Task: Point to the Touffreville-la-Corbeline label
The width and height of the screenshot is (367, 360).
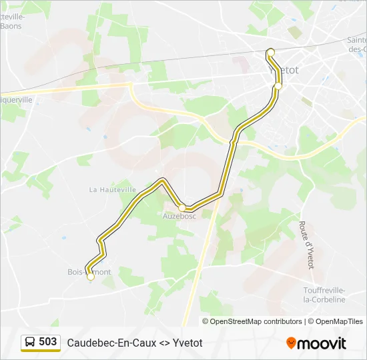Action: tap(324, 295)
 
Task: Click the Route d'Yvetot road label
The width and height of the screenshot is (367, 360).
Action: tap(306, 245)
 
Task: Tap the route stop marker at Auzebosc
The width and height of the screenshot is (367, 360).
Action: tap(181, 208)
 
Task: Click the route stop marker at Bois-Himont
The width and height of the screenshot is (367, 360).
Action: tap(91, 277)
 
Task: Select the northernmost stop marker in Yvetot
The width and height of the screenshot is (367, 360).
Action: tap(270, 52)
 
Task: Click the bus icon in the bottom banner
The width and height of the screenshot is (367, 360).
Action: tap(31, 342)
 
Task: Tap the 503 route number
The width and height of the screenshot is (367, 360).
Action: tap(48, 342)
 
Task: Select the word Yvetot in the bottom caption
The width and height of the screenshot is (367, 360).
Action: tap(188, 343)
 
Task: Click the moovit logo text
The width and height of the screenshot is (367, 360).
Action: tap(322, 343)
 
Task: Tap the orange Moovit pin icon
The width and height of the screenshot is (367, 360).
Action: tap(291, 343)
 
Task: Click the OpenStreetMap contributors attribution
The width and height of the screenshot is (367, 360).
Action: tap(256, 321)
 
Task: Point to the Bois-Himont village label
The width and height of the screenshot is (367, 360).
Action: tap(89, 272)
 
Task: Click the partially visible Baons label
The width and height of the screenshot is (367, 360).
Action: tap(11, 26)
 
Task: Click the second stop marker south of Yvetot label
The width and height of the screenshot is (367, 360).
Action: tap(278, 85)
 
